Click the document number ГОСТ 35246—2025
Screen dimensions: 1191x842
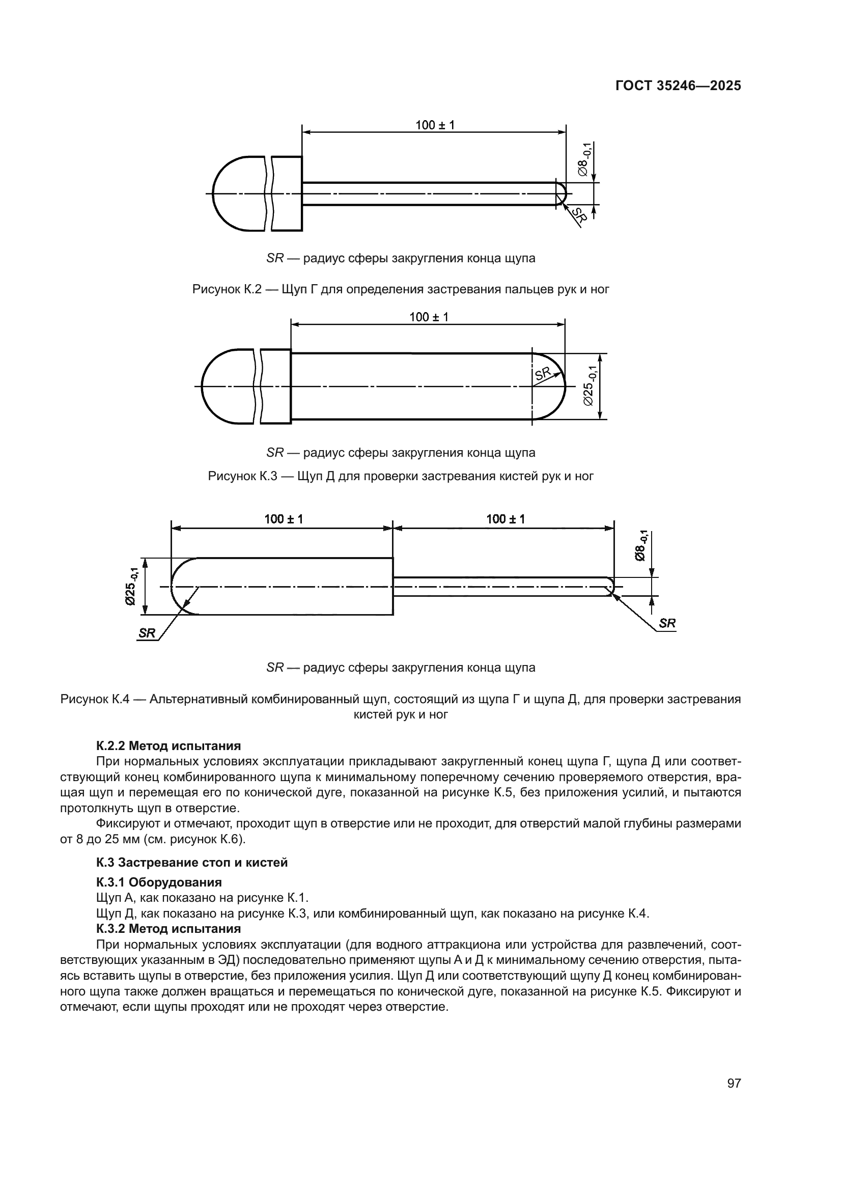678,86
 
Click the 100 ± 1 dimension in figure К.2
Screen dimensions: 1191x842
434,125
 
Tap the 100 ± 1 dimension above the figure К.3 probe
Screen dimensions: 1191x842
428,317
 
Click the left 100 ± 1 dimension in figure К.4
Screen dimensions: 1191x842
283,519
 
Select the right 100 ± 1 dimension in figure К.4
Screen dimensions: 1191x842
505,519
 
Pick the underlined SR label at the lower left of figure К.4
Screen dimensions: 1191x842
147,633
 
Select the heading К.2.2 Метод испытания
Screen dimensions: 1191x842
169,746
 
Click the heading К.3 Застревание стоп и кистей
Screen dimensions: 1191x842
192,863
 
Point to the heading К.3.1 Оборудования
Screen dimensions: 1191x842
159,882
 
